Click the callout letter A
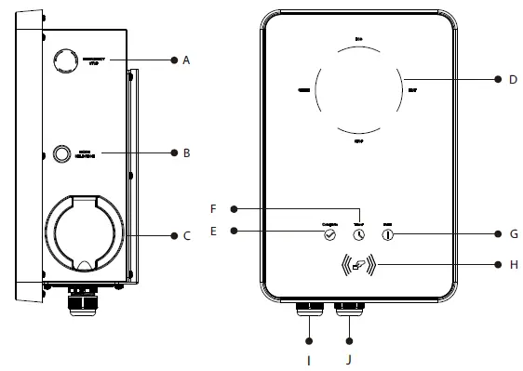pyautogui.click(x=186, y=60)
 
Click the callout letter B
pyautogui.click(x=186, y=152)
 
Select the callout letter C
pyautogui.click(x=186, y=236)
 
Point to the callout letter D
pyautogui.click(x=513, y=79)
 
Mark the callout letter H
pyautogui.click(x=513, y=264)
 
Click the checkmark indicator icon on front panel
pyautogui.click(x=329, y=236)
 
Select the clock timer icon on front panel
pyautogui.click(x=359, y=236)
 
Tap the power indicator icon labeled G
pyautogui.click(x=389, y=236)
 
